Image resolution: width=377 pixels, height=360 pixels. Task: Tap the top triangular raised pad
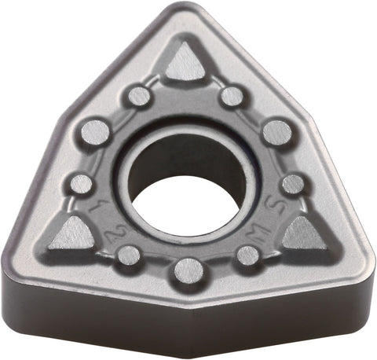pos(185,63)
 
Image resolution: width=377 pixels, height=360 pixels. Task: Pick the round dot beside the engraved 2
pos(128,255)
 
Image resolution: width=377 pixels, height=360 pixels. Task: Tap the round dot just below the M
pos(247,255)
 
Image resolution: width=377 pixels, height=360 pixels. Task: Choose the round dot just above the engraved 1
pos(81,184)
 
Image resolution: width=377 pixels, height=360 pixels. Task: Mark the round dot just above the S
pos(292,184)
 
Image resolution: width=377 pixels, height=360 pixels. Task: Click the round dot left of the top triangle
pos(139,96)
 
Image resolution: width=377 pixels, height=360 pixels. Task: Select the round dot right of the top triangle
pos(232,96)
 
